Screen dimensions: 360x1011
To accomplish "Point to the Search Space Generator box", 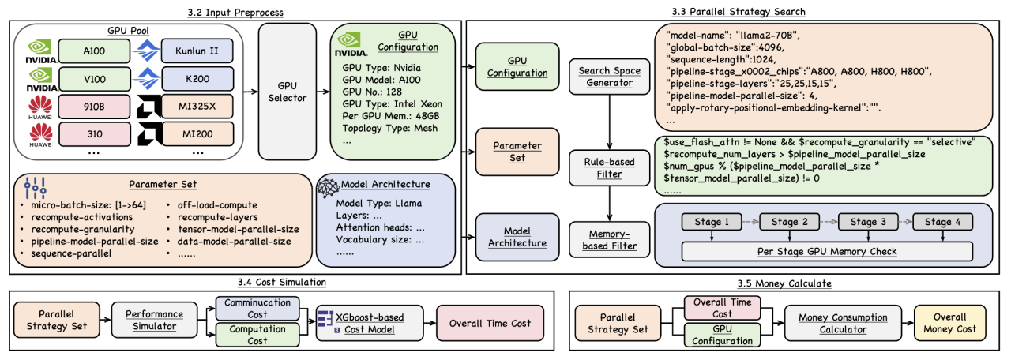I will click(x=606, y=77).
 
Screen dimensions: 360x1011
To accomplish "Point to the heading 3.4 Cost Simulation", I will click(x=283, y=283).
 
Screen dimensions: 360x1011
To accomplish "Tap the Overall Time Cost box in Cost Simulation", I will click(x=489, y=323).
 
